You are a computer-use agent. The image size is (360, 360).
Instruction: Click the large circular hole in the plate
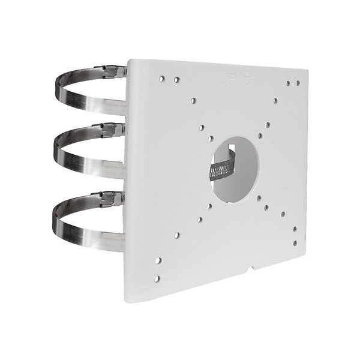coord(235,170)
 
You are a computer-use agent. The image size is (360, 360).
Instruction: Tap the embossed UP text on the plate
coord(229,79)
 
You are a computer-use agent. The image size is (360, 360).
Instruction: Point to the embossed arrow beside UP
coord(247,78)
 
